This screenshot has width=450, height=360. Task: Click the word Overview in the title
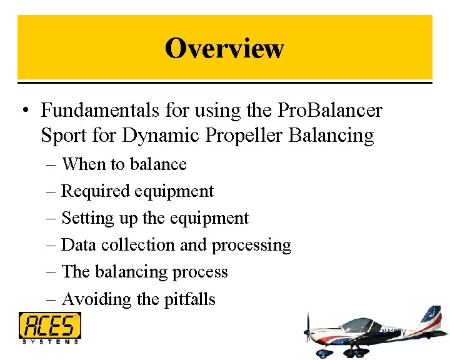(x=224, y=48)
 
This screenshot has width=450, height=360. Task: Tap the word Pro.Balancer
(x=329, y=111)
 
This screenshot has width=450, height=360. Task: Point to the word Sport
(x=61, y=135)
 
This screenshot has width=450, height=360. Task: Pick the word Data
(x=78, y=245)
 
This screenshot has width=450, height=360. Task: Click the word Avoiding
(x=96, y=299)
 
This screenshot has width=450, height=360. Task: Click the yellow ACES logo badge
(x=49, y=326)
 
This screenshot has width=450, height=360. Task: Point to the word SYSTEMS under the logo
(x=49, y=342)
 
